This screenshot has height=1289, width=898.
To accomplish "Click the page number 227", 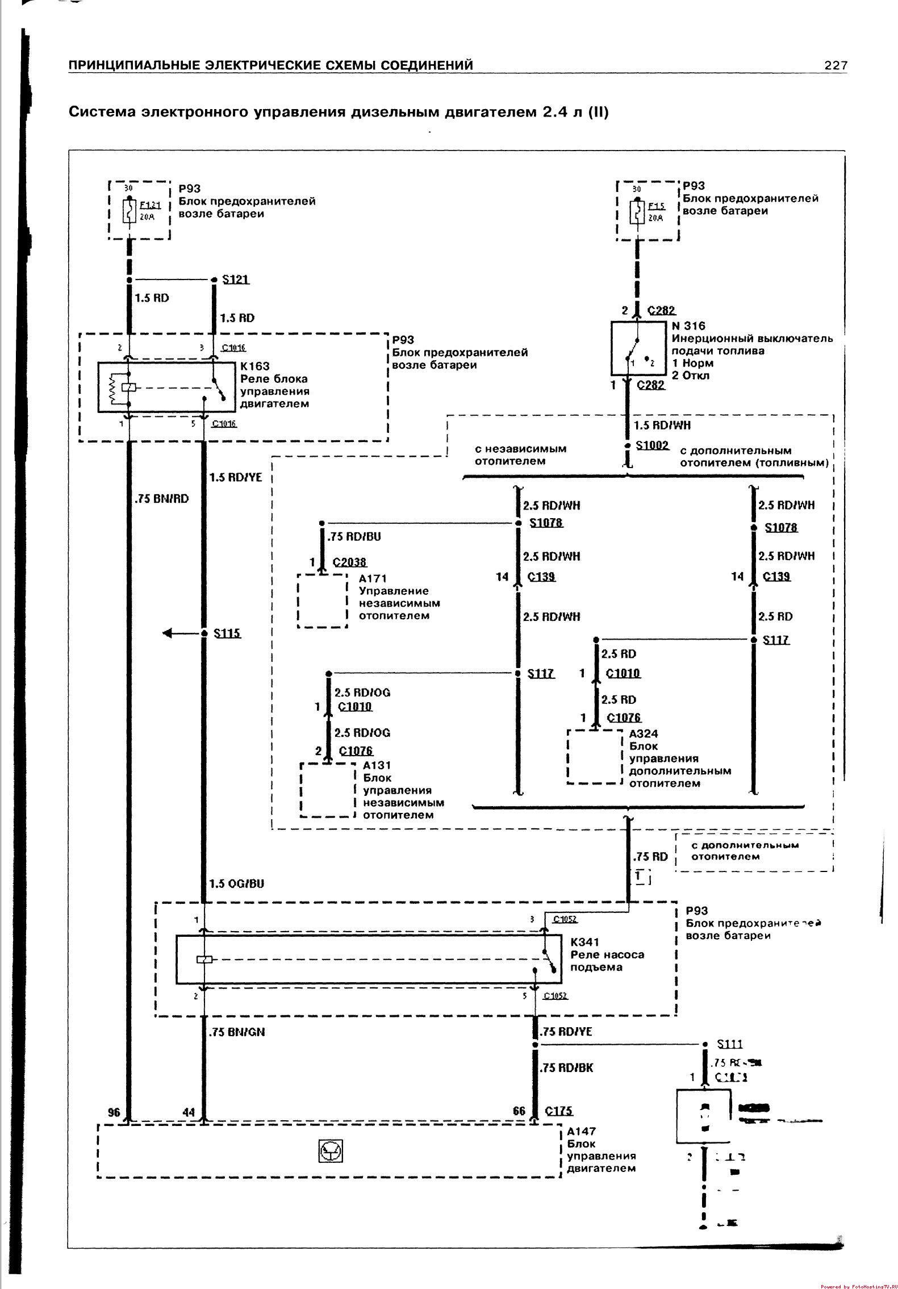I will click(x=836, y=66).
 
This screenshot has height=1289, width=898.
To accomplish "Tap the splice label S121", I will click(x=236, y=280).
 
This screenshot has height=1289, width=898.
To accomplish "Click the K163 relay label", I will click(x=254, y=366).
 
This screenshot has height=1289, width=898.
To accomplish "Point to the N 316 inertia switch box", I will click(x=638, y=348).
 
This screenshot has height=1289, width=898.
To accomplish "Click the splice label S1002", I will click(x=652, y=445).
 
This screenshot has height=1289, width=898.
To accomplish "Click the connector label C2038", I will click(x=349, y=562).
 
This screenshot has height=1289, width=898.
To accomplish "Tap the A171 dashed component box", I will click(x=322, y=600).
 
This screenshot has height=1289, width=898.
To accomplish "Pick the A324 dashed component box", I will click(x=595, y=757).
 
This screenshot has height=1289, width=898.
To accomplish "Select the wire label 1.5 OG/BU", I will click(x=236, y=883).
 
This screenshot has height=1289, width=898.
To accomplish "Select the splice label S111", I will click(x=730, y=1044).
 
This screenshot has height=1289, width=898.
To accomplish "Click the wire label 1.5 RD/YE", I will click(x=236, y=477).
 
